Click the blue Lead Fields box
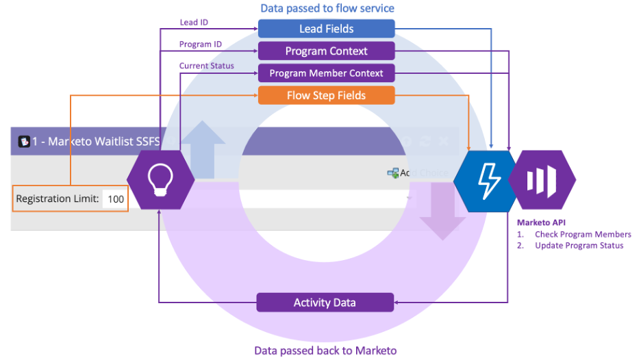point(326,29)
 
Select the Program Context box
point(326,51)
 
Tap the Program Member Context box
point(326,73)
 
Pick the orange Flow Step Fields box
point(326,96)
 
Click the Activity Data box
point(325,303)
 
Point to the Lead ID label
point(194,22)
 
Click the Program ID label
point(201,44)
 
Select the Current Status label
point(207,66)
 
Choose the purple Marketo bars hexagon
point(542,180)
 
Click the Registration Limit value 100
point(116,199)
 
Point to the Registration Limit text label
point(58,199)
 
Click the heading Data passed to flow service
point(327,9)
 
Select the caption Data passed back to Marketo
point(325,350)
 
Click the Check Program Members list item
point(583,235)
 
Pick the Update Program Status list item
point(579,246)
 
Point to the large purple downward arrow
point(442,209)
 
